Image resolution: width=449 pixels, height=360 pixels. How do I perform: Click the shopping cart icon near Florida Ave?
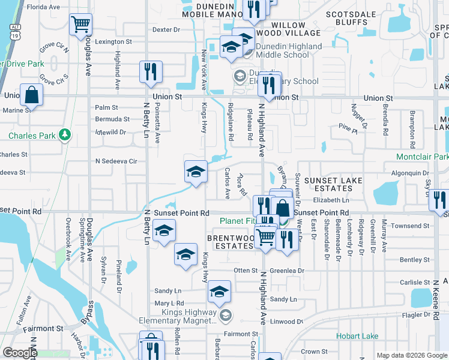pos(80,25)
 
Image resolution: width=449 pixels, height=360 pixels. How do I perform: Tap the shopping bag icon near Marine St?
pos(31,95)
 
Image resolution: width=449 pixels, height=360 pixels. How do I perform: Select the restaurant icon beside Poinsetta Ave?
pos(150,71)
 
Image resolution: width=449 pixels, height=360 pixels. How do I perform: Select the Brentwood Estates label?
pos(231,242)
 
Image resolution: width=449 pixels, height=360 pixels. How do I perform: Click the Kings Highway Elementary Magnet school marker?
pos(226,315)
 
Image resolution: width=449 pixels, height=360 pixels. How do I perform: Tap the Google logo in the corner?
pos(20,353)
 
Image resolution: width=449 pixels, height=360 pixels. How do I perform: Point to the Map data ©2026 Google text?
pos(411,355)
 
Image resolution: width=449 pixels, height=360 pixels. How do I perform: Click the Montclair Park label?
pos(422,157)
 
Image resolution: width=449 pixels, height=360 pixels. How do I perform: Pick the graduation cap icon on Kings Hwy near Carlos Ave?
pos(195,172)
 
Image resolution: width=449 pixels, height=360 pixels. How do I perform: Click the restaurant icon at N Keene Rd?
pos(441,199)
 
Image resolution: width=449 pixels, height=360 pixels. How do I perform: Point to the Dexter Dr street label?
pos(166,29)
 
